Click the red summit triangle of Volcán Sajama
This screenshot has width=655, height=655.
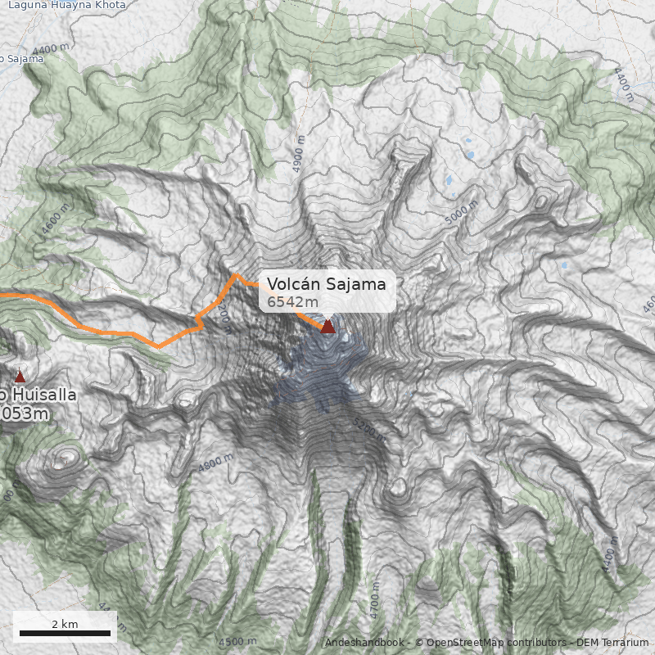(x=327, y=327)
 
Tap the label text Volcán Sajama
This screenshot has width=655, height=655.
(x=326, y=284)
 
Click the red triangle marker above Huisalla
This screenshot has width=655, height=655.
(x=20, y=377)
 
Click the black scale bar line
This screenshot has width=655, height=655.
(x=65, y=633)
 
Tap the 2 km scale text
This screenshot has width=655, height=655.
(x=65, y=624)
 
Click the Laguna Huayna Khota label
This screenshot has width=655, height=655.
(x=67, y=5)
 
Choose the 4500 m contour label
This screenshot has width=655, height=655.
(x=237, y=641)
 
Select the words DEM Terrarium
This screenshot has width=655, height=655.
(x=612, y=643)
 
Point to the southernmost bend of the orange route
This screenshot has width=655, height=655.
(x=158, y=346)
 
